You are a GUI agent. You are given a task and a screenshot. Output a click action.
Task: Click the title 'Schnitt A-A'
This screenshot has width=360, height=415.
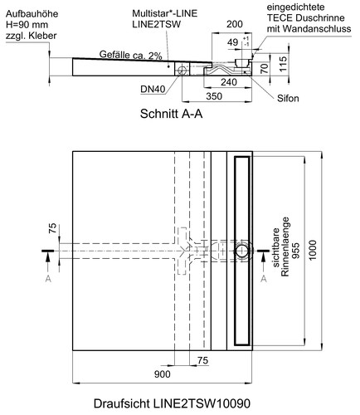click(x=171, y=114)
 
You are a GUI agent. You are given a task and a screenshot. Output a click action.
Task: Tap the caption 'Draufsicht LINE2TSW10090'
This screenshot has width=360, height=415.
click(x=172, y=404)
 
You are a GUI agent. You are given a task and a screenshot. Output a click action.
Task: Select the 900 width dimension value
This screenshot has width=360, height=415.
click(x=163, y=374)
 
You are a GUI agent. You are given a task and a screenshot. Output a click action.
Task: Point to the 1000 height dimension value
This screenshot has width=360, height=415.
click(x=313, y=250)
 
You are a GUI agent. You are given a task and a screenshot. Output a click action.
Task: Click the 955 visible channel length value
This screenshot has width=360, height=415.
click(x=296, y=251)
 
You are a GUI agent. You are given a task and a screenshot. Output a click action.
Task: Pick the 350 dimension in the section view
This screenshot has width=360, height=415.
click(x=214, y=96)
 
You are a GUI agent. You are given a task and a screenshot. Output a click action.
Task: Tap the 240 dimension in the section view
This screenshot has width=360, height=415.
click(x=229, y=82)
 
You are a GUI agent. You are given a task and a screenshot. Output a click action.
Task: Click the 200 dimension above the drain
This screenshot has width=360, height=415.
click(x=235, y=24)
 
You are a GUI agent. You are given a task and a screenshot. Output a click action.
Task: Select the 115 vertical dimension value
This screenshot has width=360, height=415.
click(x=283, y=64)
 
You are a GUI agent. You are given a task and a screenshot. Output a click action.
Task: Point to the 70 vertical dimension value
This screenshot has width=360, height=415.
click(x=265, y=68)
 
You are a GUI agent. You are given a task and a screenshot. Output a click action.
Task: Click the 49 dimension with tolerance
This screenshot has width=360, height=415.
click(x=232, y=42)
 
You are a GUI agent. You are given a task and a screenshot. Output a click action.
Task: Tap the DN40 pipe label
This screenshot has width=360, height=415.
click(x=153, y=89)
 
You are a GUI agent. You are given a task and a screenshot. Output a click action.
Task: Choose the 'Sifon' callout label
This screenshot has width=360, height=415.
click(x=288, y=98)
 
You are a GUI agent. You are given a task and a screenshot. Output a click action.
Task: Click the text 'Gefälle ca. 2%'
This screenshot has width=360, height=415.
click(x=130, y=55)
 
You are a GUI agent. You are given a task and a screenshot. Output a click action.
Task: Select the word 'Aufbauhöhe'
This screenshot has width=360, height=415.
click(x=32, y=14)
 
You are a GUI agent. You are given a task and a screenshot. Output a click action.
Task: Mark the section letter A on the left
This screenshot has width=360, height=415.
click(x=48, y=279)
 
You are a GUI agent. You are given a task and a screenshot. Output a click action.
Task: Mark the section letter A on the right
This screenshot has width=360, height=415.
click(x=264, y=279)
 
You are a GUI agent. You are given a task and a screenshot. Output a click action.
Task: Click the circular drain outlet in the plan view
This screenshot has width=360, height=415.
click(x=242, y=251)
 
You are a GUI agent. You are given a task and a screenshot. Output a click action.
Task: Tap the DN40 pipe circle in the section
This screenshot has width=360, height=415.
click(x=182, y=70)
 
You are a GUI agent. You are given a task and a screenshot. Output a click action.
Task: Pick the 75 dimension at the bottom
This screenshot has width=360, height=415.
click(x=202, y=360)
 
